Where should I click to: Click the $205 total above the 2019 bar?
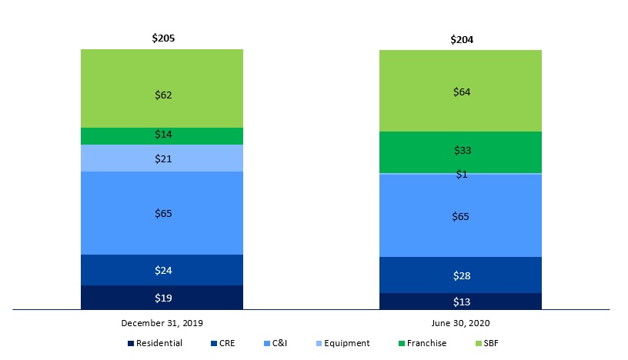[162, 37]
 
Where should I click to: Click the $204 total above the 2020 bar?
[461, 39]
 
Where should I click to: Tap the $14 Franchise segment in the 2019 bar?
[162, 135]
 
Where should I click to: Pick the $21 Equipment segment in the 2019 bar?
[162, 158]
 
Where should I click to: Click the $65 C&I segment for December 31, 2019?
[162, 213]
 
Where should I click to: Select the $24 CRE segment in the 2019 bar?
[162, 270]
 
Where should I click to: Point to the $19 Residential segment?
[162, 298]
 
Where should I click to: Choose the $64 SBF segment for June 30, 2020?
[461, 92]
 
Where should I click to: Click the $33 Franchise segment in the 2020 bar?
[461, 152]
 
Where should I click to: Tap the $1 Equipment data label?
[462, 175]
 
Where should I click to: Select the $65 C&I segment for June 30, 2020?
[461, 216]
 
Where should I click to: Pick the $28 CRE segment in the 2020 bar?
[461, 275]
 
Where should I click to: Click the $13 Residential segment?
[461, 301]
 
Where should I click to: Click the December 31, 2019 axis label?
[162, 323]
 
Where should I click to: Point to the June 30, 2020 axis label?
[461, 323]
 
